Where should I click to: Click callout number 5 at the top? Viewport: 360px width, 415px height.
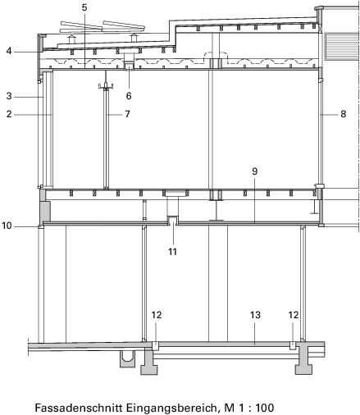84,7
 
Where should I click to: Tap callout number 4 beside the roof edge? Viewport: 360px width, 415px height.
9,51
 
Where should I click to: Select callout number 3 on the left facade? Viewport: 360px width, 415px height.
9,96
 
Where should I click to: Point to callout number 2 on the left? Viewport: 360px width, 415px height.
9,114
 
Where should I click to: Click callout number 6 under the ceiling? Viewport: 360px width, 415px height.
129,96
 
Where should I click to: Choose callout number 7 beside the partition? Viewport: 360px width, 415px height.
127,114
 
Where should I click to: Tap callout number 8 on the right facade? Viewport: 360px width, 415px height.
344,114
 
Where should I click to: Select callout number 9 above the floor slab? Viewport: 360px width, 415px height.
255,171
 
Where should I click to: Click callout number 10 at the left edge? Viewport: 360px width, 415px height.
7,226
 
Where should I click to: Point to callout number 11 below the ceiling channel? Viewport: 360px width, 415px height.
172,252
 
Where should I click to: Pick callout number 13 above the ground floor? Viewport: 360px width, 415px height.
255,315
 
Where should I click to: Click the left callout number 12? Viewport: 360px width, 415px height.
157,315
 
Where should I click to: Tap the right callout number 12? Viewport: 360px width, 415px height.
294,315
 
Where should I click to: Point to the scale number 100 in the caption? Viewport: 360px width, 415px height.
265,408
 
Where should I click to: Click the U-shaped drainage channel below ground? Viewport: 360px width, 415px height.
127,358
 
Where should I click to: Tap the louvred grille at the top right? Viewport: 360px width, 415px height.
341,46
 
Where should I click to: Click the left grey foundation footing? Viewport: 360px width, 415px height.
148,361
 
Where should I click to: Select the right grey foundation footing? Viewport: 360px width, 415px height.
303,360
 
